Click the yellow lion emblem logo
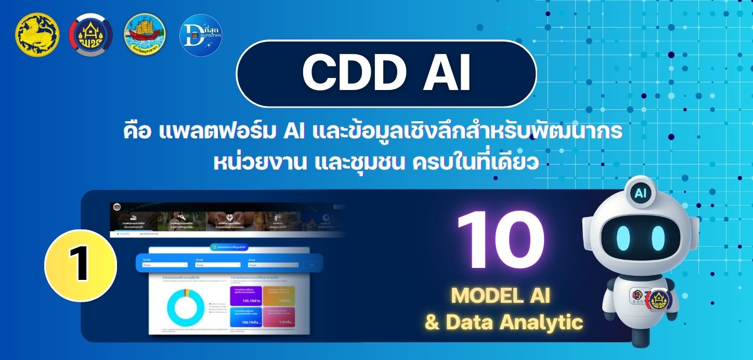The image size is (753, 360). (x=37, y=35)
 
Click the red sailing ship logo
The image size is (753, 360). (x=145, y=35)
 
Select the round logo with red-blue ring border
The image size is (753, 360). (x=91, y=35)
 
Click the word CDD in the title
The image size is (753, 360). (x=347, y=73)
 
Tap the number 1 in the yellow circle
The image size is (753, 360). (x=80, y=266)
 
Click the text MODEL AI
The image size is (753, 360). (x=500, y=295)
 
